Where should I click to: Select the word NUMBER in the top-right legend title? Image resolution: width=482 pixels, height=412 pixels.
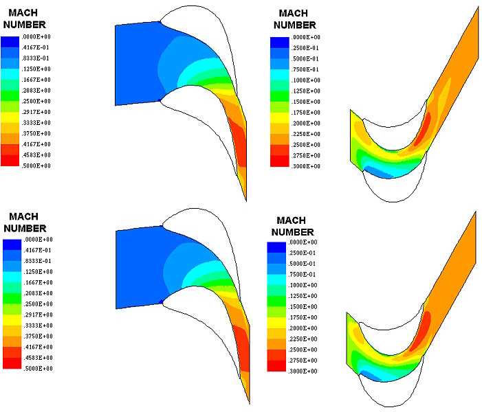coord(299,25)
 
